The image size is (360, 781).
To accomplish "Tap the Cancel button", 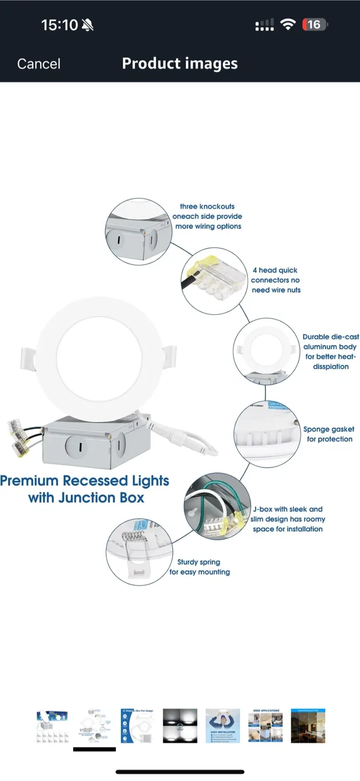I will tap(38, 64).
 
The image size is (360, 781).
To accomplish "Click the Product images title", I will tap(179, 63).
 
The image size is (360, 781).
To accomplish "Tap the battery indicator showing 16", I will tap(315, 24).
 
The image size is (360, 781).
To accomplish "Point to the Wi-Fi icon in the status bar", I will tap(288, 24).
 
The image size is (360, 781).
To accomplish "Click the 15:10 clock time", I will tap(60, 24).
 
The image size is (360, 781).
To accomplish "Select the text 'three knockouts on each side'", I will tap(208, 216).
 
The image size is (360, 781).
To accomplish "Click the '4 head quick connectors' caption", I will tap(275, 280).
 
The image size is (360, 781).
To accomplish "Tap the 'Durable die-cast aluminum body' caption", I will tap(330, 351).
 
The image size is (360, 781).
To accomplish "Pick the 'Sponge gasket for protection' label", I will tap(329, 434).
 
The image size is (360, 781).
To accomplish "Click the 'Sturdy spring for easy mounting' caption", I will tap(200, 567).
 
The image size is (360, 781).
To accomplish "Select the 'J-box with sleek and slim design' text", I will tap(287, 519).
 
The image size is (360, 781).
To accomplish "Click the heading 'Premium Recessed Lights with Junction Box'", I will tap(85, 489).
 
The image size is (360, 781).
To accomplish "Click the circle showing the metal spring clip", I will tap(139, 550).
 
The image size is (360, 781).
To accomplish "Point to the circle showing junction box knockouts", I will tap(138, 232).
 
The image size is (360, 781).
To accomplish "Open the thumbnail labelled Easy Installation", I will tap(223, 726).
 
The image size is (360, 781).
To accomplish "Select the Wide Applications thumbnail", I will tap(266, 726).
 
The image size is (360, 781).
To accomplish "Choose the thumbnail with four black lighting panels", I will tap(180, 726).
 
